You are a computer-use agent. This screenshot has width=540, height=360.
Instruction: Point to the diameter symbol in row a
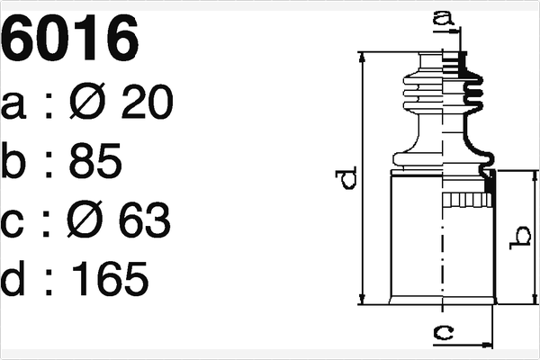tap(86, 104)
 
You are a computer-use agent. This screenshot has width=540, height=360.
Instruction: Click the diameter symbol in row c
tap(86, 220)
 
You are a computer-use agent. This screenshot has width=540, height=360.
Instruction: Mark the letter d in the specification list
tap(15, 280)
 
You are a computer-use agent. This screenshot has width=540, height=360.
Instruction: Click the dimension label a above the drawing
tap(441, 15)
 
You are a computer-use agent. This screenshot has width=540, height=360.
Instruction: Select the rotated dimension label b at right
tap(520, 238)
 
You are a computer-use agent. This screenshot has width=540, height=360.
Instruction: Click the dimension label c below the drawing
tap(441, 333)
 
